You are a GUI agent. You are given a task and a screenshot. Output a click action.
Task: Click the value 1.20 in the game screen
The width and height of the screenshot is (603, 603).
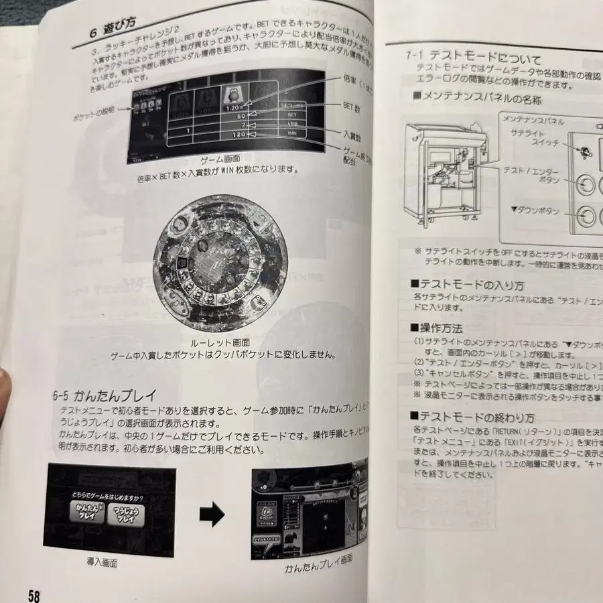[232, 105]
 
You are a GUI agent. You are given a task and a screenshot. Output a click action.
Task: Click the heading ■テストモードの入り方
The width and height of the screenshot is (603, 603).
[468, 285]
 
